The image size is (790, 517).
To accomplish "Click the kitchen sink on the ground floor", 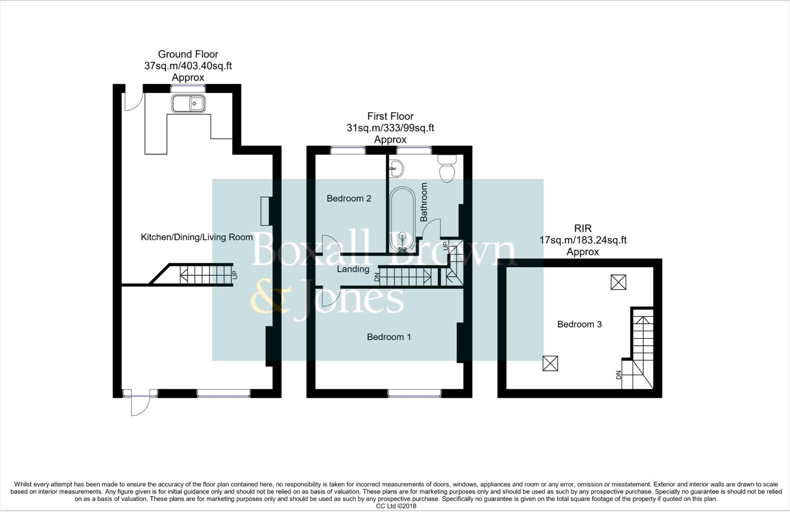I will (x=189, y=103).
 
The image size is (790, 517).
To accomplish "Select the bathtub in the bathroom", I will (x=402, y=219).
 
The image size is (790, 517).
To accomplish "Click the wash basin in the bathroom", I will (x=396, y=168).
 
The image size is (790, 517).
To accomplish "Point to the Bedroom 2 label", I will (x=349, y=198).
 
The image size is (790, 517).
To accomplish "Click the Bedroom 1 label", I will (x=389, y=337).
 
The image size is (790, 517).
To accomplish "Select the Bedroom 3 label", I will (x=579, y=325).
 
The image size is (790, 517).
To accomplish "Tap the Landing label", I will (x=353, y=269).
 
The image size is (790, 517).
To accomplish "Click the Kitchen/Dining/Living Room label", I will (x=196, y=237).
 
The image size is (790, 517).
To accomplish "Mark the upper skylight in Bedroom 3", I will (x=618, y=282).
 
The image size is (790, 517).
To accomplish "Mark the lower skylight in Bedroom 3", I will (x=550, y=363).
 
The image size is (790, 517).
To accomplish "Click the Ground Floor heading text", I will (x=188, y=54).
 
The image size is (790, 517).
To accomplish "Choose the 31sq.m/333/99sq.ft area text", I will (x=390, y=128).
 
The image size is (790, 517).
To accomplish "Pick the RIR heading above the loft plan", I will (x=583, y=228).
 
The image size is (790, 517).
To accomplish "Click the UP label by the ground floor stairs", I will (x=234, y=275).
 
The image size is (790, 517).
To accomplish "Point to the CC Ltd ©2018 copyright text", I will (x=396, y=506).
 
